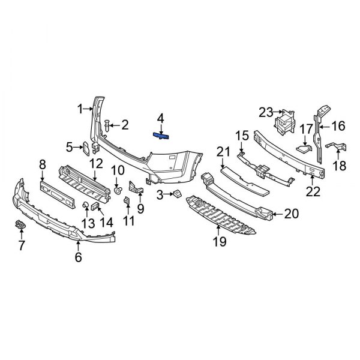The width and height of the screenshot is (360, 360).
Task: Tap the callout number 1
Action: click(x=80, y=109)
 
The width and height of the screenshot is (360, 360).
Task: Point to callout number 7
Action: click(x=22, y=245)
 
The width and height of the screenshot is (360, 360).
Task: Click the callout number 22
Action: click(x=313, y=191)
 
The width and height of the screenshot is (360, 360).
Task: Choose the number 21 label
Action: click(x=223, y=151)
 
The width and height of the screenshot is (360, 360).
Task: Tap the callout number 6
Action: click(x=78, y=257)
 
